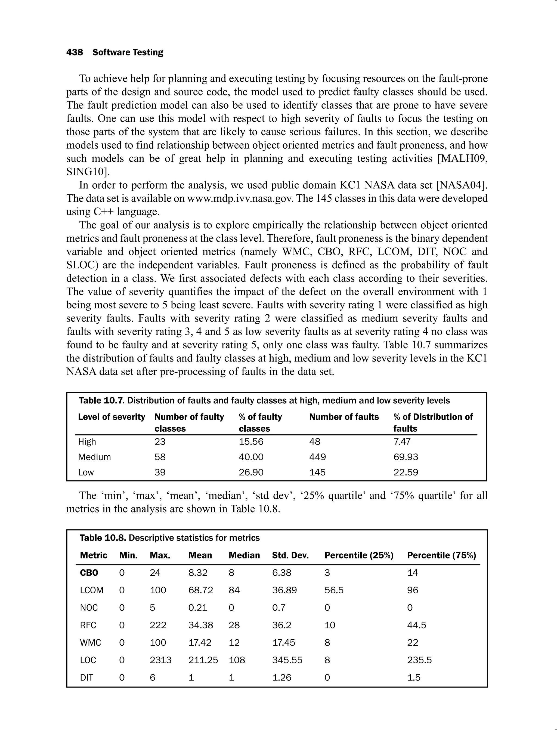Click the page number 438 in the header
[75, 53]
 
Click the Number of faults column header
[344, 417]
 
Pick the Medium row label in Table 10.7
[94, 457]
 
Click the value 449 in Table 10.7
[317, 457]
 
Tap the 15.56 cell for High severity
[251, 442]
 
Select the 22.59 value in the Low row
[406, 472]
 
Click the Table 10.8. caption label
[103, 538]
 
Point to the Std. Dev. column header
[290, 556]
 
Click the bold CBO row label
[89, 573]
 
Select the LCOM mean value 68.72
[201, 590]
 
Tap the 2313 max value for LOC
[160, 660]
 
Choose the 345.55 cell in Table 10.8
[287, 660]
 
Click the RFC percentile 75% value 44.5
[416, 625]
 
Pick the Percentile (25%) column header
[359, 556]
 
